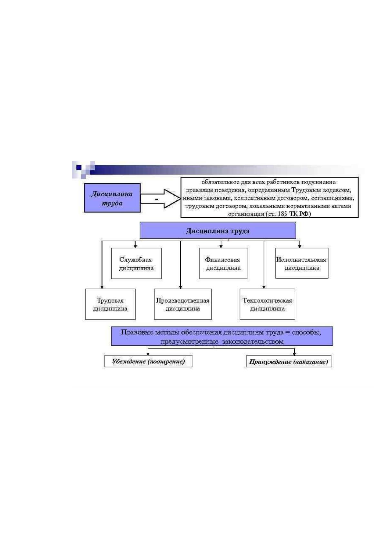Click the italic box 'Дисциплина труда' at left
[112, 198]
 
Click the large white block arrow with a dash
[161, 199]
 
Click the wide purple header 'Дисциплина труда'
[218, 230]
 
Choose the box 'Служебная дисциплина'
[136, 263]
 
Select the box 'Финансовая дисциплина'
[223, 263]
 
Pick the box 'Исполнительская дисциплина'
[302, 263]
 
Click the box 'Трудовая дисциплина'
[110, 304]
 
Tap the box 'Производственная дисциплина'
[183, 304]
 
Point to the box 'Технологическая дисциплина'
[267, 304]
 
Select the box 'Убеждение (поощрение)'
[148, 361]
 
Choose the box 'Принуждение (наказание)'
[289, 362]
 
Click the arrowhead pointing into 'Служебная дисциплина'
[135, 246]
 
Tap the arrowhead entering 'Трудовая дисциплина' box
[102, 287]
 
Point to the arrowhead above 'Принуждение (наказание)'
[294, 354]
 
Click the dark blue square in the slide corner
[79, 167]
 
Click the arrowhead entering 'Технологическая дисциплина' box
[264, 287]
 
